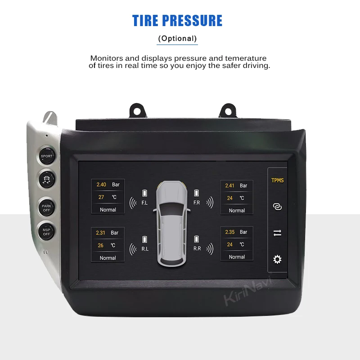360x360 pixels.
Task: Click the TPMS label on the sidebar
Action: (277, 181)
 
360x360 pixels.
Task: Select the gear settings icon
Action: (277, 259)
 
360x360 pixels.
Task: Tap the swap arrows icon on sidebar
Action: (277, 233)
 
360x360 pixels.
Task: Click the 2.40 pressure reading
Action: (101, 184)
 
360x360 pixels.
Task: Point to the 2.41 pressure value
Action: (230, 185)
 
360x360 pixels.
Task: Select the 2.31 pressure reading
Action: (101, 233)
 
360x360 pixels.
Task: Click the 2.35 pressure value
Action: (230, 232)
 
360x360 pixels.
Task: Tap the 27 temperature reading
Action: (101, 197)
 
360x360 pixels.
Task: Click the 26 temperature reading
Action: (101, 245)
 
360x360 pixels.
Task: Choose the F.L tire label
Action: (144, 203)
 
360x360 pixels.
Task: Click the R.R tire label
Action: (197, 248)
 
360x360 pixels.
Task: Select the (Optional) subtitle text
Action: (177, 39)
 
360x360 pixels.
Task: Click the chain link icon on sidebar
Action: (277, 207)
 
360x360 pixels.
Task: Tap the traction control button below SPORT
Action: (47, 178)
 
